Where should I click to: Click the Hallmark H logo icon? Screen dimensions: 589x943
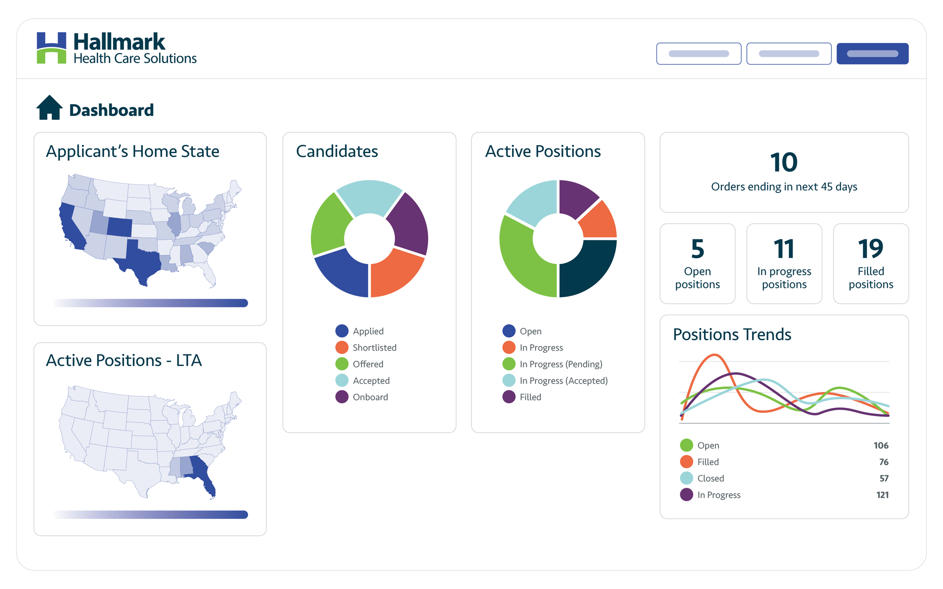[x=51, y=48]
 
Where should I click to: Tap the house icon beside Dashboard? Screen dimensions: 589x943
[x=50, y=108]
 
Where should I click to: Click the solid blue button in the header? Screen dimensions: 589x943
[x=872, y=54]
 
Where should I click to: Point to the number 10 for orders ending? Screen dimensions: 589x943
[x=784, y=163]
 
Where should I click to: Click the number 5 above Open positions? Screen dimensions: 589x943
[x=697, y=249]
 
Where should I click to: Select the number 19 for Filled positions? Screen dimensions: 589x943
[x=870, y=249]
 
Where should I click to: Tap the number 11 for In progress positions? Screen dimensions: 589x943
[x=784, y=249]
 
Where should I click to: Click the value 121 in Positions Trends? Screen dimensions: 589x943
[x=882, y=495]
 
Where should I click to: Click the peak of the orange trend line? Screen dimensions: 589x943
[x=715, y=355]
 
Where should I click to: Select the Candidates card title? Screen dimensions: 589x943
[x=337, y=151]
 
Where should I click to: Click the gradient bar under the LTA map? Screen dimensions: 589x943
[x=151, y=515]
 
